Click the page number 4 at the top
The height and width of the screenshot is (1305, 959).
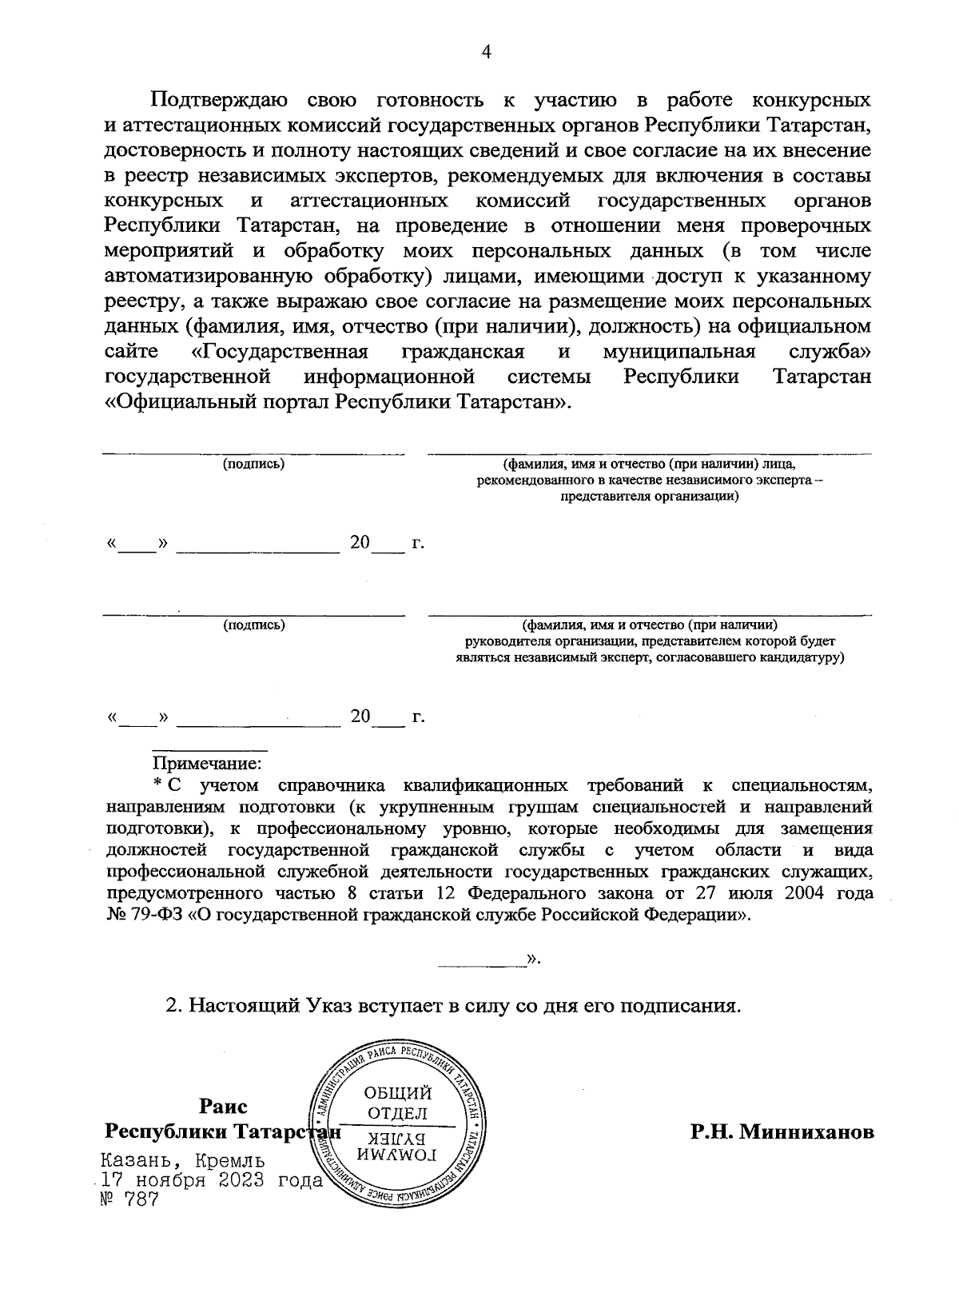pyautogui.click(x=485, y=52)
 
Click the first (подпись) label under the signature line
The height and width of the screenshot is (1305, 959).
pyautogui.click(x=253, y=463)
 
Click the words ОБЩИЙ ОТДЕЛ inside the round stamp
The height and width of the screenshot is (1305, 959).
pyautogui.click(x=397, y=1103)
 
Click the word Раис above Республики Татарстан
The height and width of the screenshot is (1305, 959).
pyautogui.click(x=223, y=1107)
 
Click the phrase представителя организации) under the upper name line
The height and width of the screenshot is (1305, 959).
pyautogui.click(x=650, y=496)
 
